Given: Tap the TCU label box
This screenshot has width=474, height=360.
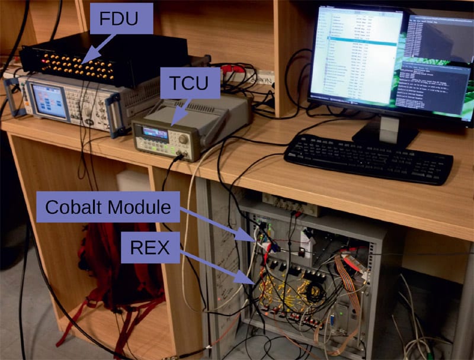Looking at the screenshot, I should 190,83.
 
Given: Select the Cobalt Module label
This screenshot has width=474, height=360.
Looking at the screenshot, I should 107,207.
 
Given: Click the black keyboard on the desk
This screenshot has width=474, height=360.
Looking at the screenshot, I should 367,156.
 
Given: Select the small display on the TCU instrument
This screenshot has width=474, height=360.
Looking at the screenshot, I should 156,133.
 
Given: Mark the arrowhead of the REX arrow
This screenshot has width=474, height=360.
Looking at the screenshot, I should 255,282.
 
